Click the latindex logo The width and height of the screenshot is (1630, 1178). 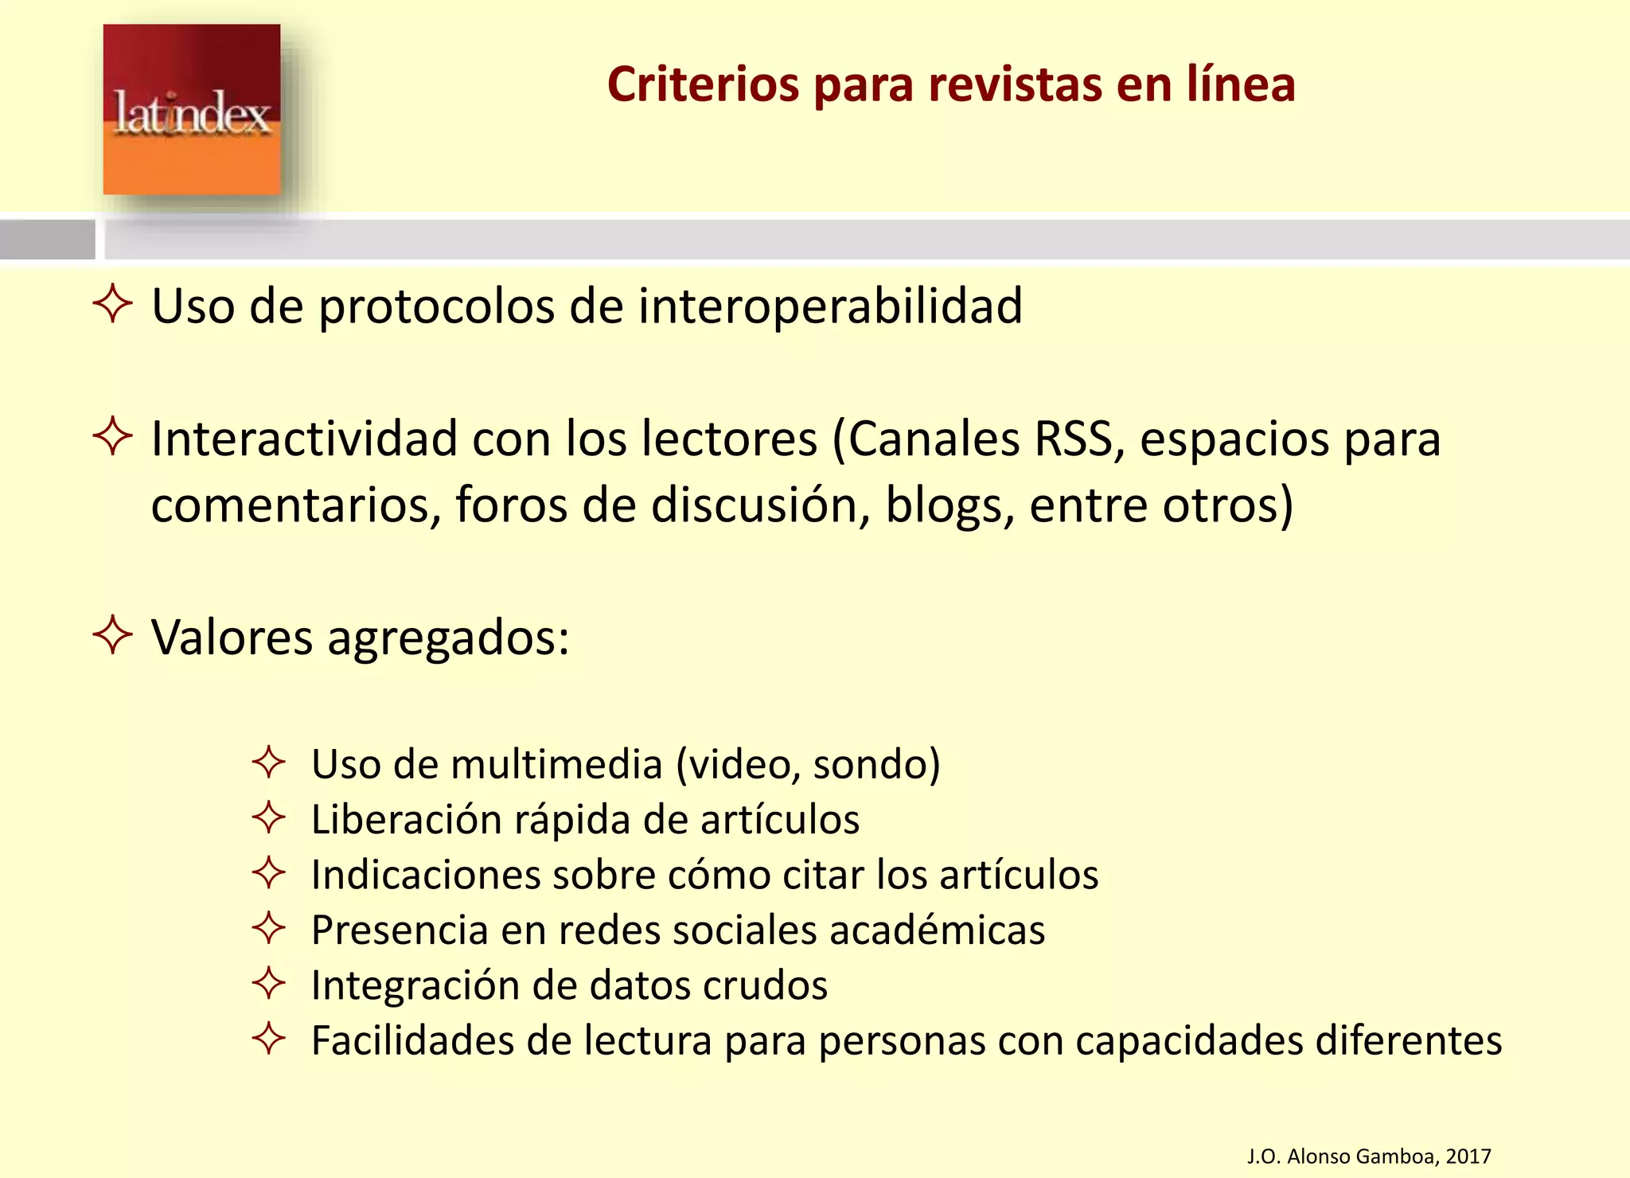tap(192, 110)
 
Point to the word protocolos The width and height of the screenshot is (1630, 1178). tap(436, 307)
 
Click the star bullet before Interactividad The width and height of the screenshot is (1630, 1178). tap(112, 436)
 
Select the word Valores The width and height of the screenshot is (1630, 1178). tap(232, 637)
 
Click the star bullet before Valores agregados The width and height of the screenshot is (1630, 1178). tap(112, 634)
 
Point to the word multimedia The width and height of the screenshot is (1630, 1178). tap(556, 764)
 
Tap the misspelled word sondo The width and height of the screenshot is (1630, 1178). tap(876, 764)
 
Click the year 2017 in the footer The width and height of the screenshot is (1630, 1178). tap(1468, 1156)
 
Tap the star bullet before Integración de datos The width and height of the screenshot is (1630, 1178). tap(269, 983)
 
